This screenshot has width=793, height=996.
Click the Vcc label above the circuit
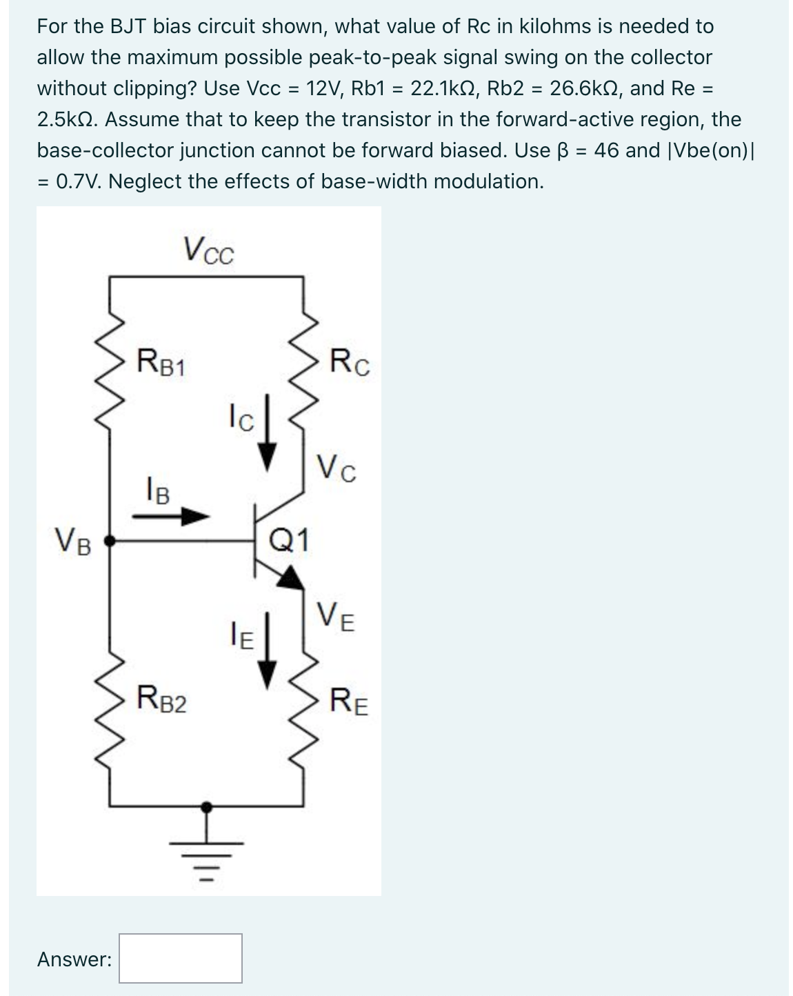208,251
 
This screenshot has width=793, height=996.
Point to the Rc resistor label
349,363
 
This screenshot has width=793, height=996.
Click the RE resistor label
349,702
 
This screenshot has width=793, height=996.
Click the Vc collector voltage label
336,469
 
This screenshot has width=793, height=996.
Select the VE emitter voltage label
336,616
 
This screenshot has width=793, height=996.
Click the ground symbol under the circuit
205,848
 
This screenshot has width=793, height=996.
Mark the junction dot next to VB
110,542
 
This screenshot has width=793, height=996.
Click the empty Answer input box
180,958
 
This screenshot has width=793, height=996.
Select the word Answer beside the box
74,959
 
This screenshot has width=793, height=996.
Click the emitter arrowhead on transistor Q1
292,577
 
